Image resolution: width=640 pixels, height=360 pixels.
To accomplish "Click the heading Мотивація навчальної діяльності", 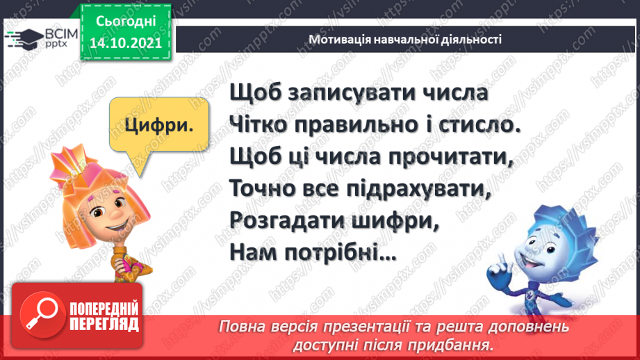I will (406, 39).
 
